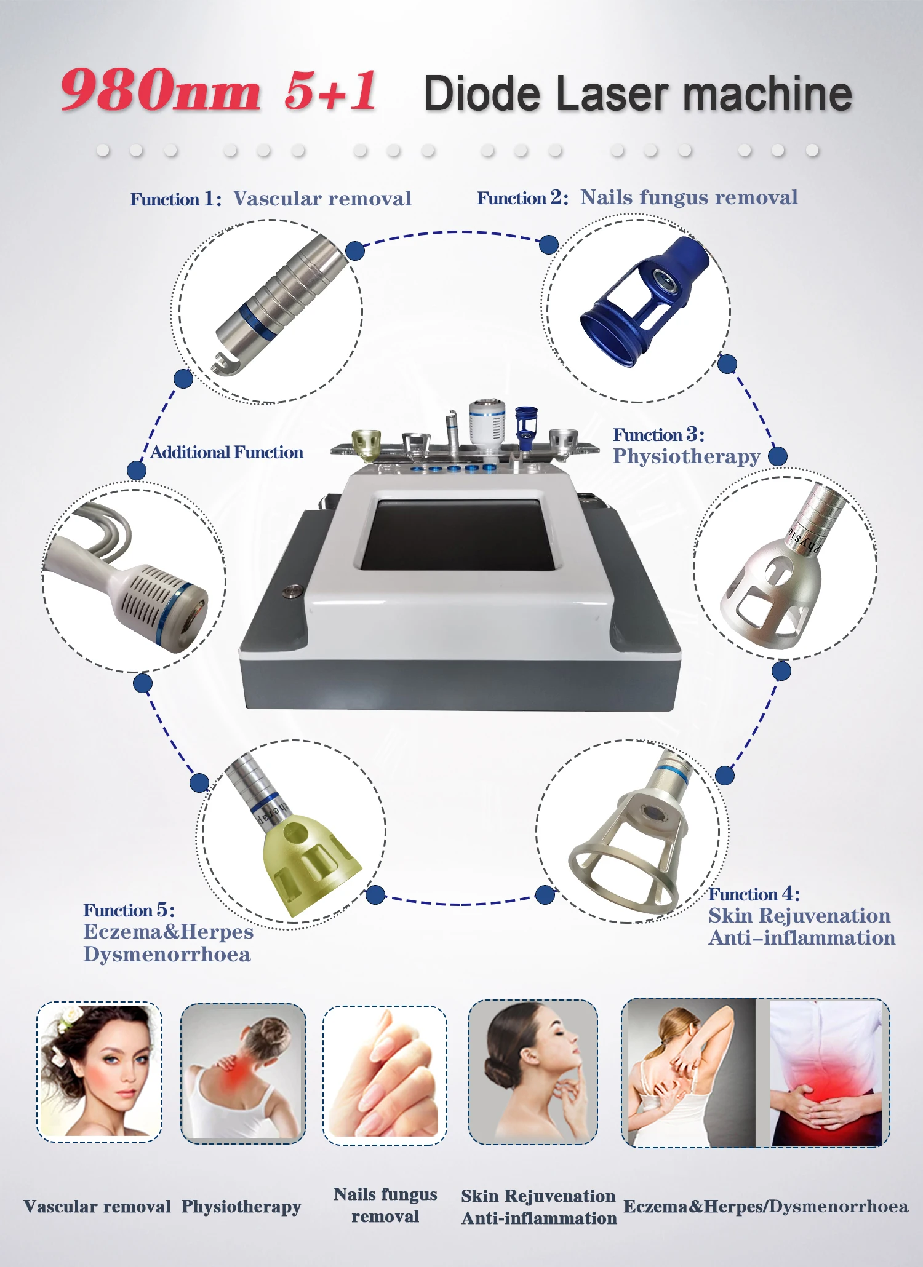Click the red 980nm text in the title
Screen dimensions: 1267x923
(x=160, y=91)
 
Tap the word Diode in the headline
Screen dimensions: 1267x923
(x=482, y=94)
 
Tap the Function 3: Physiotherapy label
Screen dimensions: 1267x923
(x=686, y=447)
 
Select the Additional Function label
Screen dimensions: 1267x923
(x=226, y=453)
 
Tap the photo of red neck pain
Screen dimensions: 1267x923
(x=242, y=1073)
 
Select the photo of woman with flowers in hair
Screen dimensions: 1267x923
(x=99, y=1071)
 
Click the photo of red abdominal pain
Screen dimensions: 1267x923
(x=825, y=1073)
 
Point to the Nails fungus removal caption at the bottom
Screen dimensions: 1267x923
(x=385, y=1205)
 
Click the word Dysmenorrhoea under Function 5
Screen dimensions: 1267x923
(x=167, y=955)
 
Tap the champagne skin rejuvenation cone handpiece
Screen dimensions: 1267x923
(x=634, y=843)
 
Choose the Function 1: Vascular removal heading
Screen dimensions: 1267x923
(x=270, y=199)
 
